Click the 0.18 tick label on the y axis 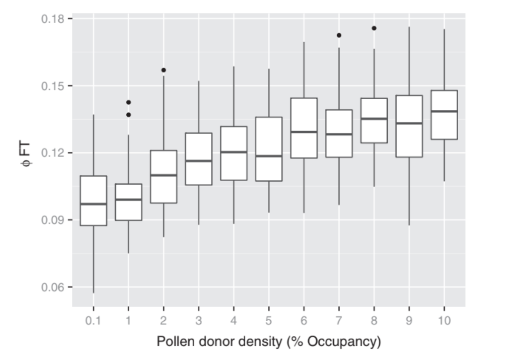(x=54, y=19)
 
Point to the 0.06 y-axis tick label (x=54, y=287)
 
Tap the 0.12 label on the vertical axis (x=54, y=153)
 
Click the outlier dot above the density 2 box (x=163, y=70)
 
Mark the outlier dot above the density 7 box (x=339, y=35)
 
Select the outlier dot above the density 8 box (x=374, y=28)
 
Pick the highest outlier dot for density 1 (x=128, y=102)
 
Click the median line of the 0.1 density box (x=93, y=204)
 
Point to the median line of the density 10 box (x=444, y=111)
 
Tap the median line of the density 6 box (x=304, y=132)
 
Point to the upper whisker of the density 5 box (x=269, y=93)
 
